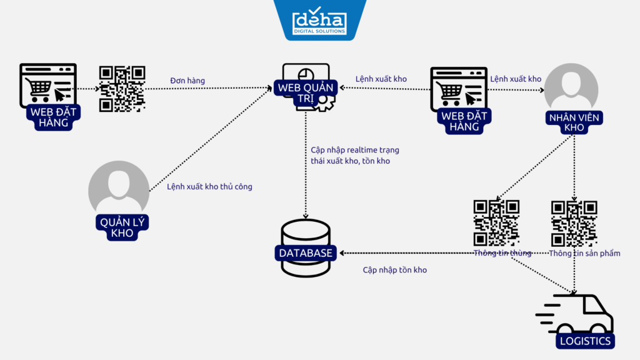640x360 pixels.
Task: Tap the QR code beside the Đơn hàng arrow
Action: tap(122, 89)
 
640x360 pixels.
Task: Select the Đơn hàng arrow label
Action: tap(187, 81)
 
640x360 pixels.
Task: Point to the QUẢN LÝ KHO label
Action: tap(121, 227)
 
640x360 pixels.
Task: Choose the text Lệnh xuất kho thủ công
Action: tap(209, 186)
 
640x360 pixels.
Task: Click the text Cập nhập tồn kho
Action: tap(394, 270)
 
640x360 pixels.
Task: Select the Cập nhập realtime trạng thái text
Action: tap(354, 156)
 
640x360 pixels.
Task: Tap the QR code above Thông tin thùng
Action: tap(496, 222)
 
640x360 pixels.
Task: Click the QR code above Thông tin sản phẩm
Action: tap(574, 222)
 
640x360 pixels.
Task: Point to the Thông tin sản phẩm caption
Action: tap(584, 253)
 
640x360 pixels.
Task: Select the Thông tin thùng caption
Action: tap(502, 253)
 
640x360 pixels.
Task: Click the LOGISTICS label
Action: tap(585, 341)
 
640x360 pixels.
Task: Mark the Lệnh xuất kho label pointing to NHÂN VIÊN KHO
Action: tap(516, 79)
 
